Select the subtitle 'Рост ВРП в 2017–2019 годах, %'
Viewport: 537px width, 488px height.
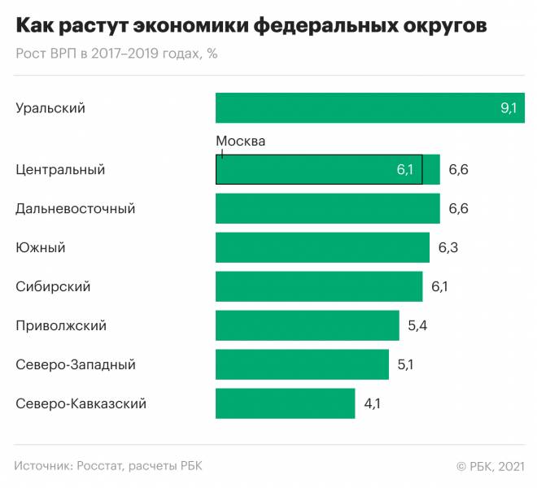pyautogui.click(x=116, y=54)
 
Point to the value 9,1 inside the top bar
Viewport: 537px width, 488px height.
pyautogui.click(x=509, y=108)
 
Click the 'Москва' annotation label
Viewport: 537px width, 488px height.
pyautogui.click(x=241, y=141)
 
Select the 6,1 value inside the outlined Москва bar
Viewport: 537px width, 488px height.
pyautogui.click(x=405, y=170)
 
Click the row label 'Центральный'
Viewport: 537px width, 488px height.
pyautogui.click(x=60, y=170)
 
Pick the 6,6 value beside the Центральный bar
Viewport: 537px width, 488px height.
pyautogui.click(x=459, y=170)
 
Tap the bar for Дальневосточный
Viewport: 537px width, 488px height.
pyautogui.click(x=327, y=209)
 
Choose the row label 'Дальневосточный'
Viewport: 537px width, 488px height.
pyautogui.click(x=75, y=209)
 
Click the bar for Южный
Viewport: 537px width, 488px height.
pyautogui.click(x=322, y=247)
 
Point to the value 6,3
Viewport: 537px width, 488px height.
pyautogui.click(x=448, y=247)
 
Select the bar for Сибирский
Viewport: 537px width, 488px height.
pyautogui.click(x=319, y=286)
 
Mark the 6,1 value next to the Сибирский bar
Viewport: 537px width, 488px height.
pyautogui.click(x=439, y=286)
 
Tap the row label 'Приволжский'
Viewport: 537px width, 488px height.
pyautogui.click(x=61, y=325)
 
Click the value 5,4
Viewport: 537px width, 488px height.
pyautogui.click(x=417, y=325)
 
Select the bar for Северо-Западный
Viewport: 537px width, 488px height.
pyautogui.click(x=302, y=364)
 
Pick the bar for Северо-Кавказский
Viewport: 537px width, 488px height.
pyautogui.click(x=285, y=403)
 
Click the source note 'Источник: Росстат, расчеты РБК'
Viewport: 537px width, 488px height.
pyautogui.click(x=108, y=466)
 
